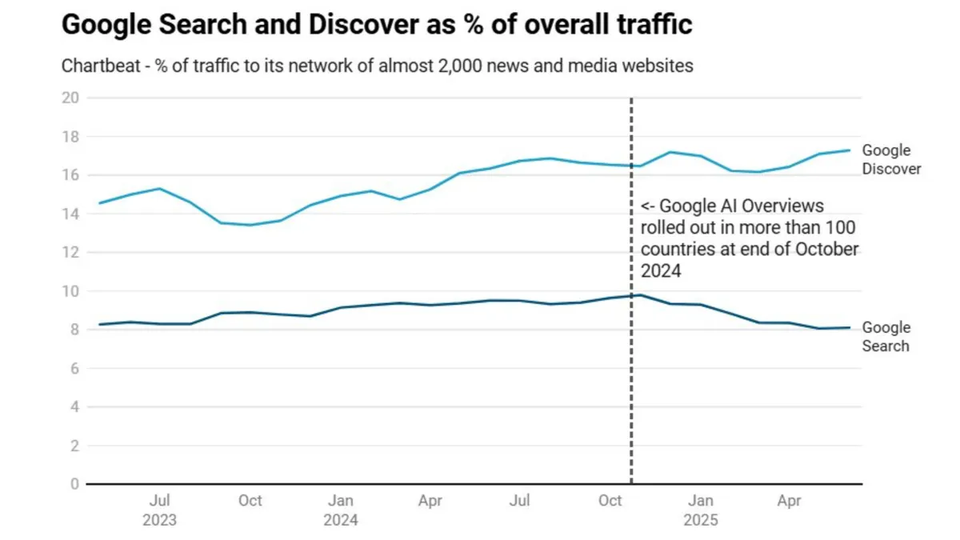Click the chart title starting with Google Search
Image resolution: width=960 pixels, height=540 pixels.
pyautogui.click(x=376, y=26)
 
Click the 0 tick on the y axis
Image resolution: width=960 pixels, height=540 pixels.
pyautogui.click(x=74, y=484)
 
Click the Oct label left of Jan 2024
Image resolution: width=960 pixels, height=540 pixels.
pyautogui.click(x=250, y=501)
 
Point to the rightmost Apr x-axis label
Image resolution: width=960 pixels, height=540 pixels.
pyautogui.click(x=790, y=501)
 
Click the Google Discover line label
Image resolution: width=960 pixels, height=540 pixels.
pyautogui.click(x=890, y=159)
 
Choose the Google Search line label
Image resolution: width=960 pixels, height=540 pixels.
pyautogui.click(x=886, y=337)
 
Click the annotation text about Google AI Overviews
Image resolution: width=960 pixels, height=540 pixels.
pyautogui.click(x=749, y=238)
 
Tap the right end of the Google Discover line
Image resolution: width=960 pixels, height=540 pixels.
pyautogui.click(x=850, y=150)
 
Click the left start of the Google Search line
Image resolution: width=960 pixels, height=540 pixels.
pyautogui.click(x=99, y=324)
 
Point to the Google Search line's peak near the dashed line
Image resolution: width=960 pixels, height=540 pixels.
pyautogui.click(x=639, y=295)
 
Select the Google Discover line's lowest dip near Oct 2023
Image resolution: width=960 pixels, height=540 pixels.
pyautogui.click(x=250, y=225)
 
